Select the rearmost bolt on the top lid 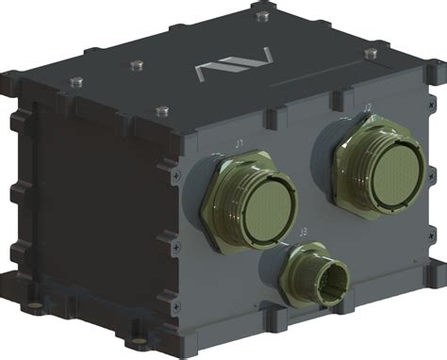[262, 16]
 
